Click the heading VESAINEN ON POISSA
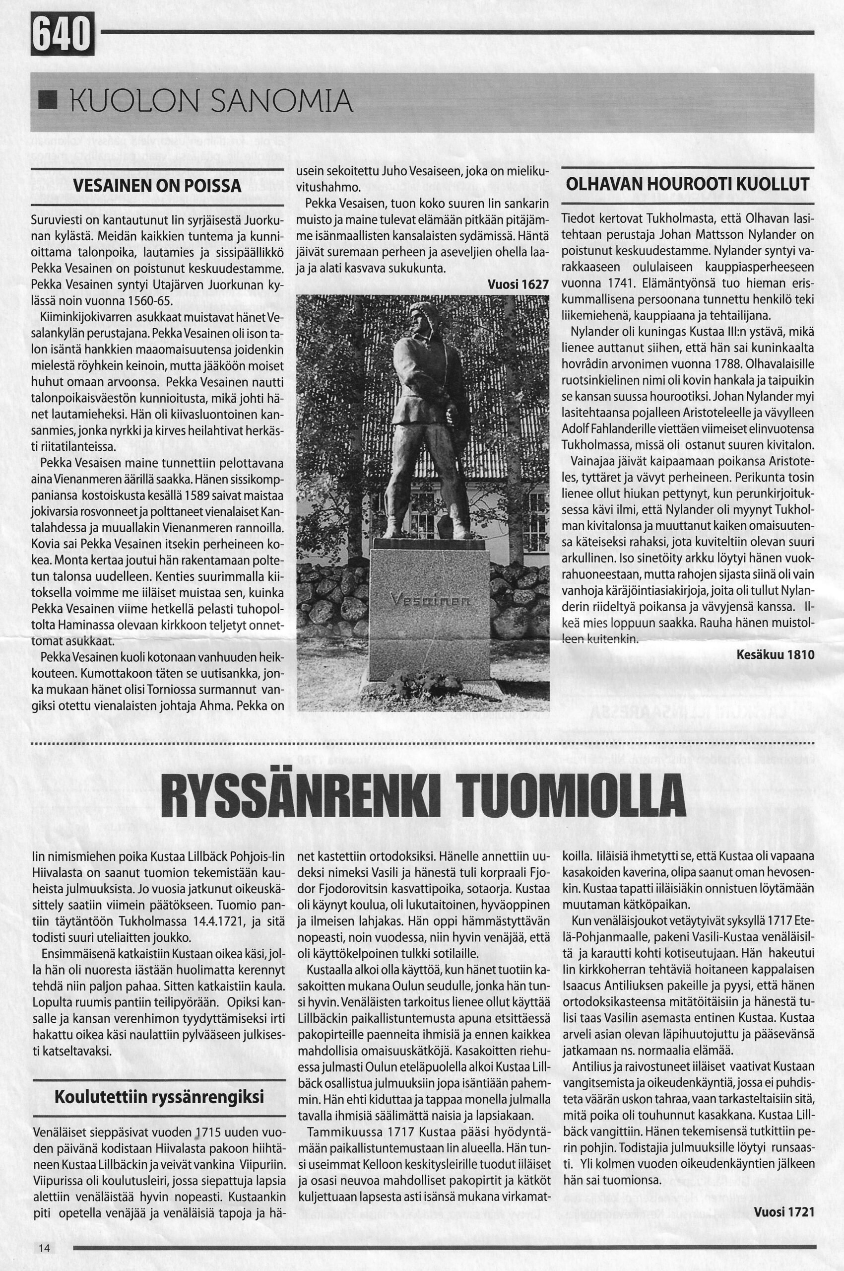(x=157, y=187)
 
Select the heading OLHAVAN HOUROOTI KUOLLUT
(x=687, y=185)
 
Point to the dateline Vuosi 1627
(x=518, y=284)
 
